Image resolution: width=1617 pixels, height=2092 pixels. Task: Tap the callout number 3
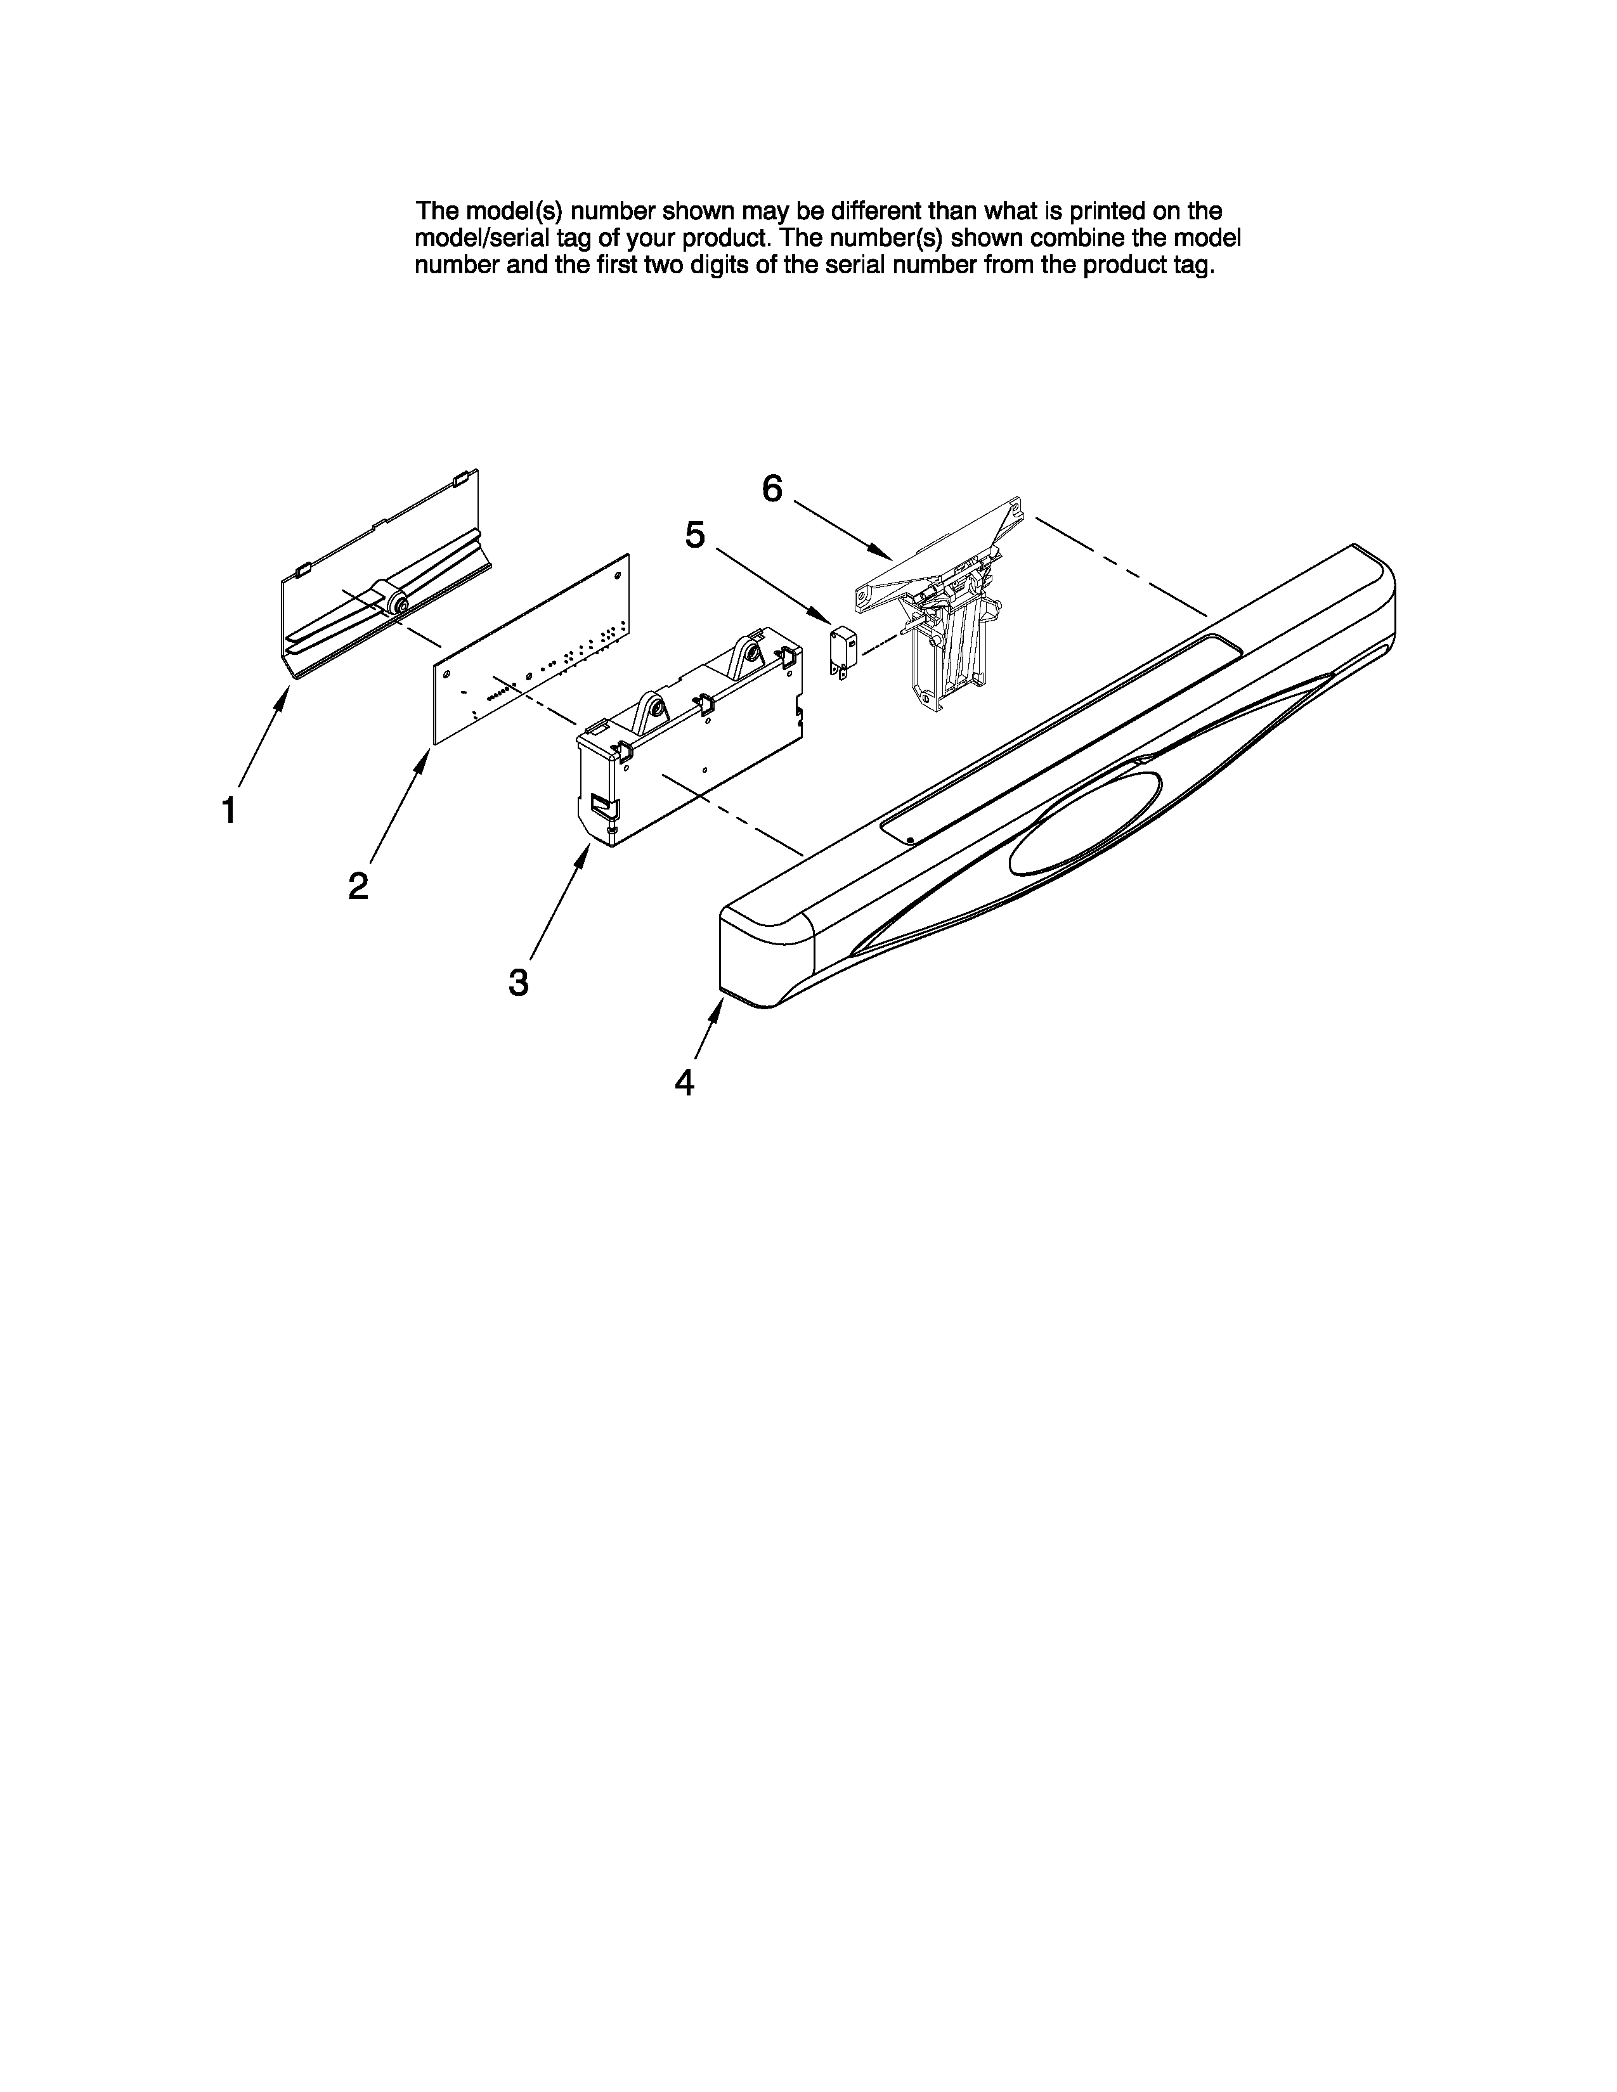(518, 982)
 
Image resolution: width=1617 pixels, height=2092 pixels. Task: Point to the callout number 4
(684, 1082)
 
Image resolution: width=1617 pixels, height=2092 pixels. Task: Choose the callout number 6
(772, 489)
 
